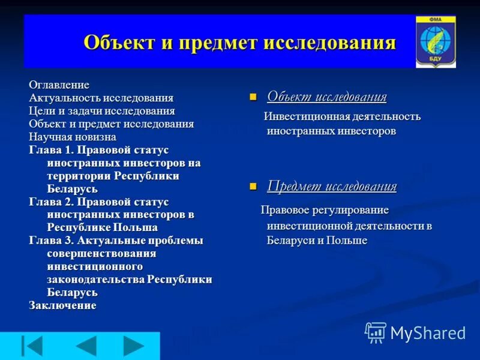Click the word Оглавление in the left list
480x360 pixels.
(x=59, y=85)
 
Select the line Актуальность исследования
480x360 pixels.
(x=101, y=98)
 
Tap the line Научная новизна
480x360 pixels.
(x=72, y=137)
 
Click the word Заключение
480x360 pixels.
(x=62, y=305)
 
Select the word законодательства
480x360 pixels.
(x=96, y=280)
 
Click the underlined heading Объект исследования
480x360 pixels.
(x=326, y=97)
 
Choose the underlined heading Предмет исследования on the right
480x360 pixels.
(x=332, y=186)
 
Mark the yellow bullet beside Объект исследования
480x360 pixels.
(x=253, y=97)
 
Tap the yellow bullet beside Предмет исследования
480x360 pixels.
(x=253, y=187)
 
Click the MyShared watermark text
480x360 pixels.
(x=428, y=333)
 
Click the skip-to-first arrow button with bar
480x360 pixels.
(x=32, y=346)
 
